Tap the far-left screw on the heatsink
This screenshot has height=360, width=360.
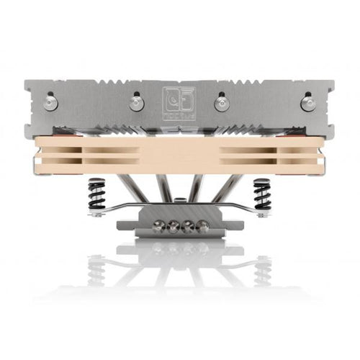coord(51,104)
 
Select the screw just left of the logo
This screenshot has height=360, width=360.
coord(138,103)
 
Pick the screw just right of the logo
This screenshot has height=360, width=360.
coord(222,103)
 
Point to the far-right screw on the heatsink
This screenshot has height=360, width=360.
coord(307,104)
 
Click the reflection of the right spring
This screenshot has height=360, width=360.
coord(261,270)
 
